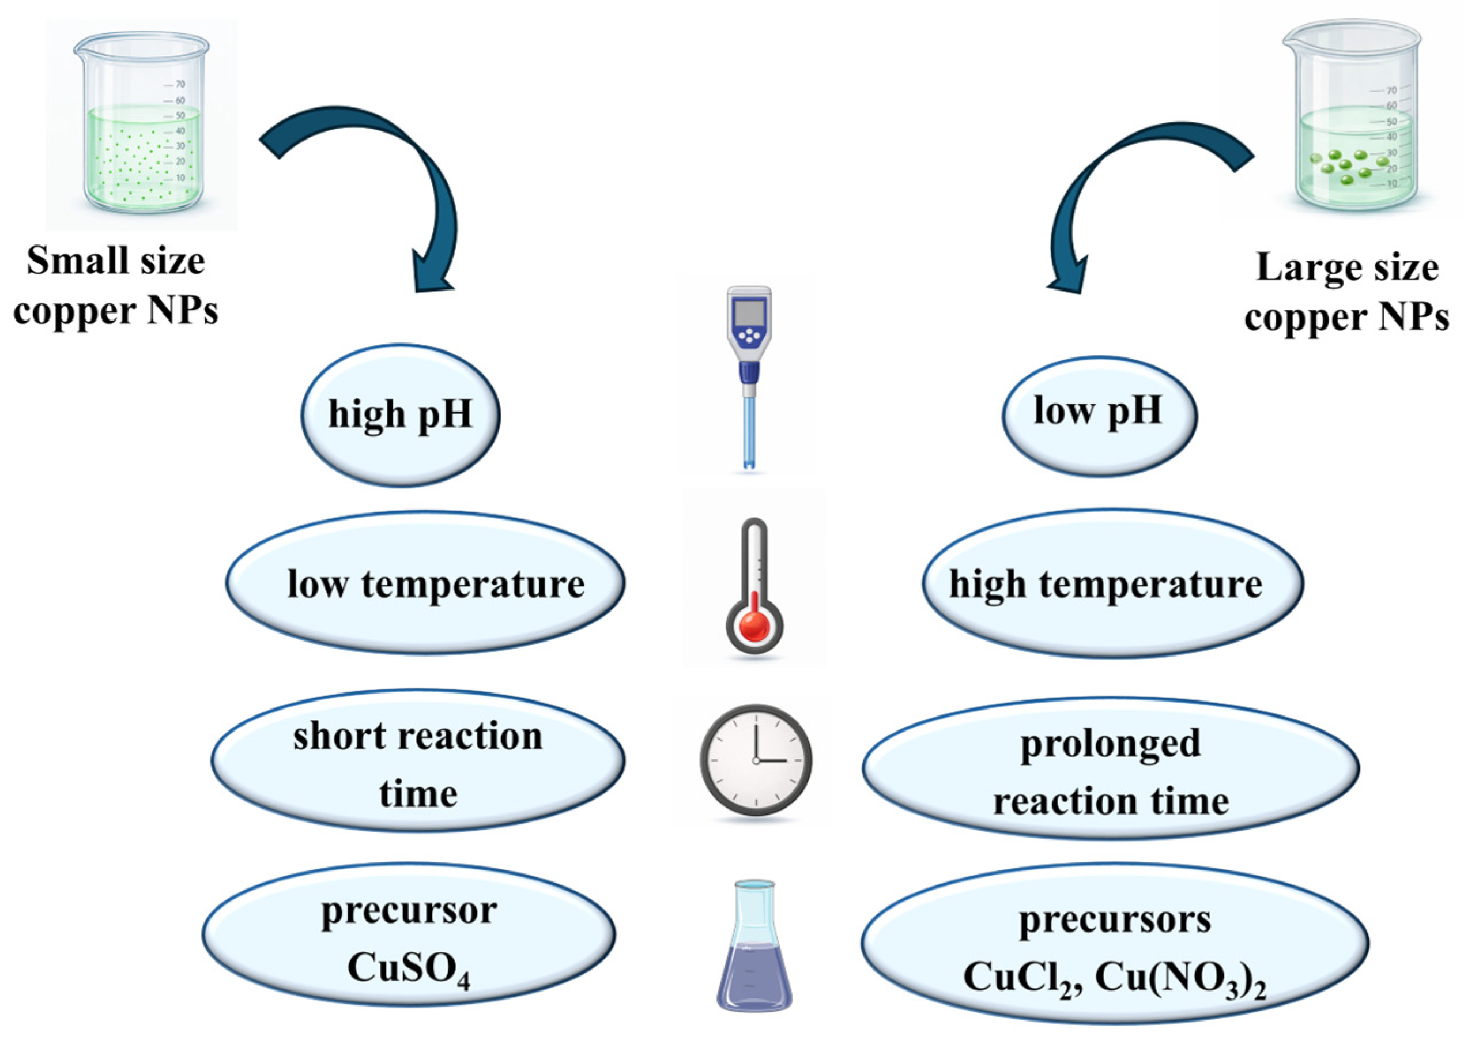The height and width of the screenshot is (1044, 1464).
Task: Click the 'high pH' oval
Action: click(x=401, y=414)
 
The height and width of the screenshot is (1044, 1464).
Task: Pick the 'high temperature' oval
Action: click(x=1112, y=584)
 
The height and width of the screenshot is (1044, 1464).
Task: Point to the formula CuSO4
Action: click(x=409, y=967)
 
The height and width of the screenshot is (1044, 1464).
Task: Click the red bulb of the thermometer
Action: click(x=754, y=625)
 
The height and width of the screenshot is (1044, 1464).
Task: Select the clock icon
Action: click(x=755, y=760)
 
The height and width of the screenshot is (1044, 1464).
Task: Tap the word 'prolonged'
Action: click(x=1111, y=744)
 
